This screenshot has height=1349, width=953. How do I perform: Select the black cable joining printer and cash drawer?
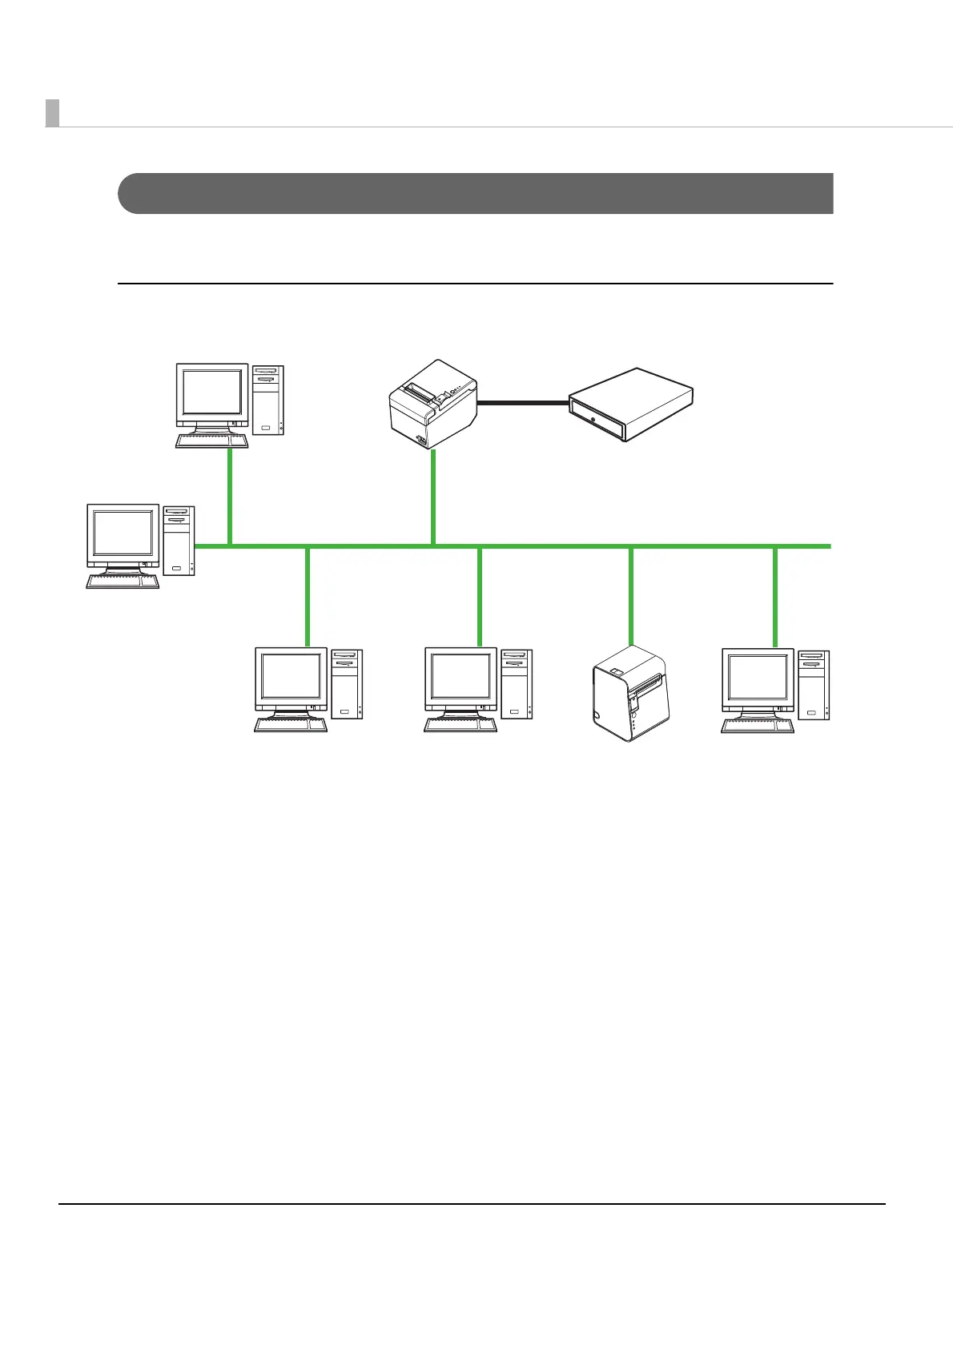(x=523, y=404)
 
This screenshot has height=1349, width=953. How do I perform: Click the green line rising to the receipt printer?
(x=433, y=497)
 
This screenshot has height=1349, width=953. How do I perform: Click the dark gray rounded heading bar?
(x=476, y=193)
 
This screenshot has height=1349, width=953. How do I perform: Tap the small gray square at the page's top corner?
(x=52, y=113)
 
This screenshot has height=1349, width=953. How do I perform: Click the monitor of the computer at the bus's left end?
(x=123, y=533)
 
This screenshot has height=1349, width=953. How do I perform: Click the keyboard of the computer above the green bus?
(x=211, y=441)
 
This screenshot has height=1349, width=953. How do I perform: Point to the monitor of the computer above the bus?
(x=212, y=393)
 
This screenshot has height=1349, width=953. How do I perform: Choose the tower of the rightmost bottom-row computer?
(x=814, y=685)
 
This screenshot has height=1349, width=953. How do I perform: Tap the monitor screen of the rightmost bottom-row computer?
(x=758, y=678)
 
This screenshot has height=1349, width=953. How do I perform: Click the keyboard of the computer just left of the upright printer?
(x=460, y=725)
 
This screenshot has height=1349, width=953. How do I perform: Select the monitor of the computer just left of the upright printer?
(x=460, y=677)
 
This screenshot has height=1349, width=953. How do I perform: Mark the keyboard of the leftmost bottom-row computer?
(x=290, y=725)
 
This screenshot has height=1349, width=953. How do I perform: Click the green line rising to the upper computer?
(x=230, y=497)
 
